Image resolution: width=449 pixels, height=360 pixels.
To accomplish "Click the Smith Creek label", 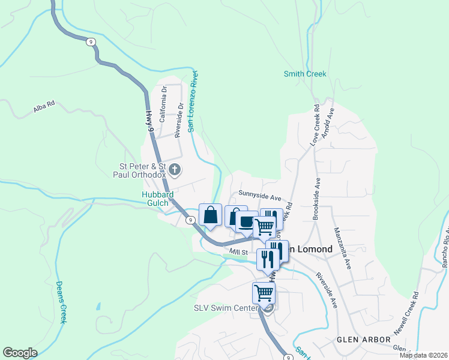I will coord(305,74).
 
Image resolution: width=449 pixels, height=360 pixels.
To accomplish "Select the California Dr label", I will coord(163,104).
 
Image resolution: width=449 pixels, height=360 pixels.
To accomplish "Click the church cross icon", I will coord(175,170).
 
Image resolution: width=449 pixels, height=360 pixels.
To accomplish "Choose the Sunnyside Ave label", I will coord(259,195).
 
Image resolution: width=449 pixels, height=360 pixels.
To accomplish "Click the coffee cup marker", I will coord(246,221).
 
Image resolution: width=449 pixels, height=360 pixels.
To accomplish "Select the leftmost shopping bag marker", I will coord(211,215).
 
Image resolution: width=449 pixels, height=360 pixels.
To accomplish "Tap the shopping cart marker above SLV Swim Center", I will coord(264,293).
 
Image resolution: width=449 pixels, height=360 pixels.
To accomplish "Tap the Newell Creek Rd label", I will coord(406,314).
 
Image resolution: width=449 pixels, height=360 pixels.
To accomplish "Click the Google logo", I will coord(20,353).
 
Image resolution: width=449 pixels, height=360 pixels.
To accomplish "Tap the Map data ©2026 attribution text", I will coord(423,355).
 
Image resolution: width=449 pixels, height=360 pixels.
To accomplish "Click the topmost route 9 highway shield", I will coord(90,41).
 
